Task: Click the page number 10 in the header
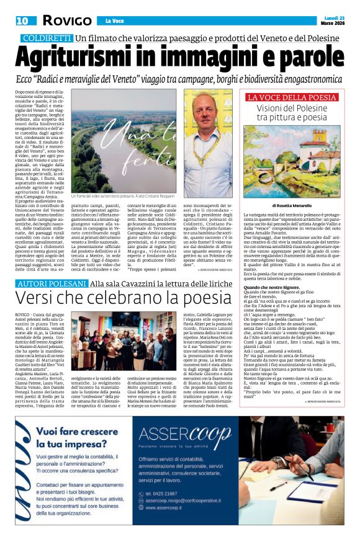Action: [x=22, y=21]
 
